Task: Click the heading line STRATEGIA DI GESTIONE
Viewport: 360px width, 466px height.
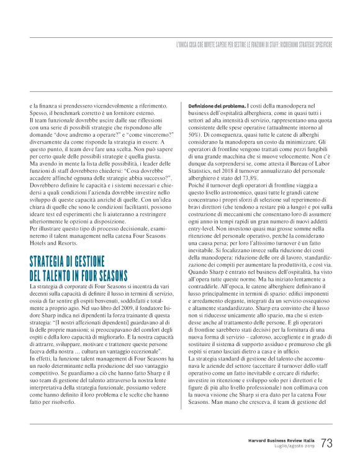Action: [68, 262]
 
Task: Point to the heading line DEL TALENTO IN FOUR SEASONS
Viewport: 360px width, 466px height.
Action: [78, 275]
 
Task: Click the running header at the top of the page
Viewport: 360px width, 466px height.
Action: [254, 45]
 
